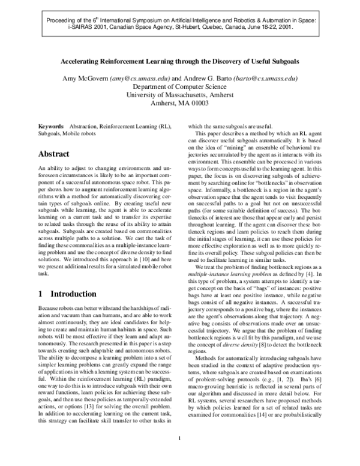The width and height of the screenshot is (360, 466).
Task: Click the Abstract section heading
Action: [56, 154]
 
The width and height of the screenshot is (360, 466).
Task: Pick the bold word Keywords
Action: [51, 127]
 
